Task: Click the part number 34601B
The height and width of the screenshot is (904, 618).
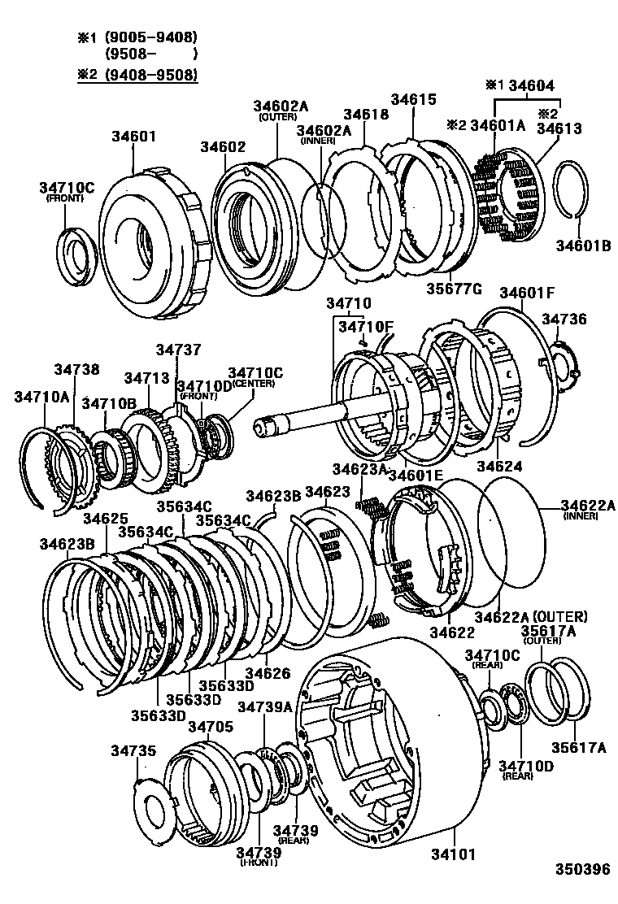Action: [583, 243]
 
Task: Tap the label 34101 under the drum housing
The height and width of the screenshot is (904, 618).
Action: [454, 854]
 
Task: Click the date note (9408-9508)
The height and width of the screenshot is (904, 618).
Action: [150, 74]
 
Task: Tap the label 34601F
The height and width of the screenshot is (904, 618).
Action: [527, 293]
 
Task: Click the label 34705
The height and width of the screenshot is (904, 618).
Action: [211, 726]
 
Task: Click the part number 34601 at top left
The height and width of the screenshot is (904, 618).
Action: [134, 136]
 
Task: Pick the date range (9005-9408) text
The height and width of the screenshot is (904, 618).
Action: [150, 37]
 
